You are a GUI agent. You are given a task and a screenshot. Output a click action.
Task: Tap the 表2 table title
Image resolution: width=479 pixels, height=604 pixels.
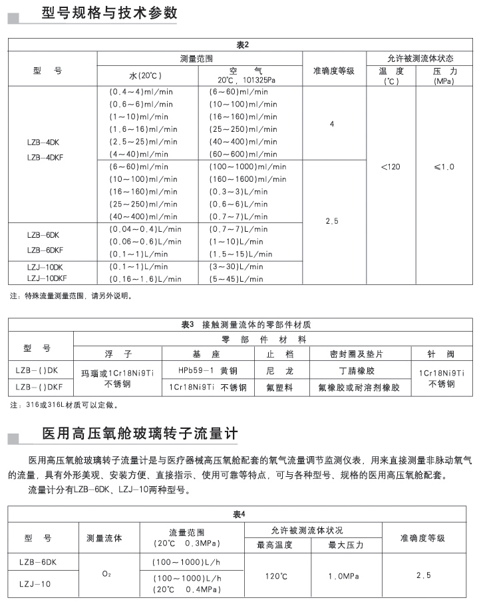click(241, 45)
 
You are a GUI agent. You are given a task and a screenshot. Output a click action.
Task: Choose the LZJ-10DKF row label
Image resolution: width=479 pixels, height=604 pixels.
click(47, 279)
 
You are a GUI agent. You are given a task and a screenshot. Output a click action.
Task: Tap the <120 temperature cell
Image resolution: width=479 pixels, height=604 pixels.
click(391, 166)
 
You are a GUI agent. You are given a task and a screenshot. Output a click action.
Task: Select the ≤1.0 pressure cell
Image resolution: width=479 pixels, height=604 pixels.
click(444, 166)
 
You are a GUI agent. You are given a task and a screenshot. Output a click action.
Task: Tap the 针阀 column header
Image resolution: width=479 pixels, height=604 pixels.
click(441, 353)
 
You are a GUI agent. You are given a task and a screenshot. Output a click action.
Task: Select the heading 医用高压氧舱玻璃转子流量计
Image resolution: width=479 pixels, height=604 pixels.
click(139, 434)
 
